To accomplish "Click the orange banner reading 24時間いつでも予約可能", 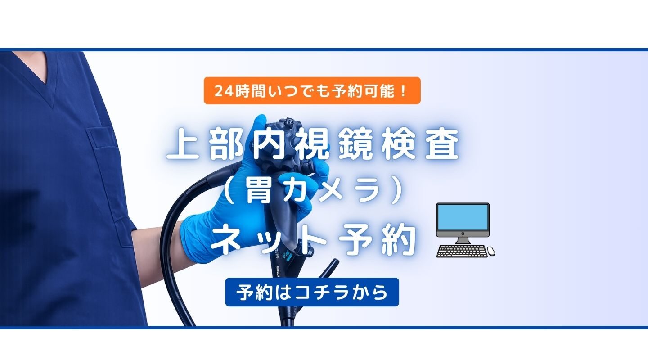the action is pos(312,90).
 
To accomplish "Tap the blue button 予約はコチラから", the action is pos(312,292).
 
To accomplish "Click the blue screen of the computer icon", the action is pos(463,217).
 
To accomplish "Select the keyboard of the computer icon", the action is pos(462,251).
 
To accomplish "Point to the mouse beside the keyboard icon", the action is pos(491,251).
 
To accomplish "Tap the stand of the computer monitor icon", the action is pos(463,239).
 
